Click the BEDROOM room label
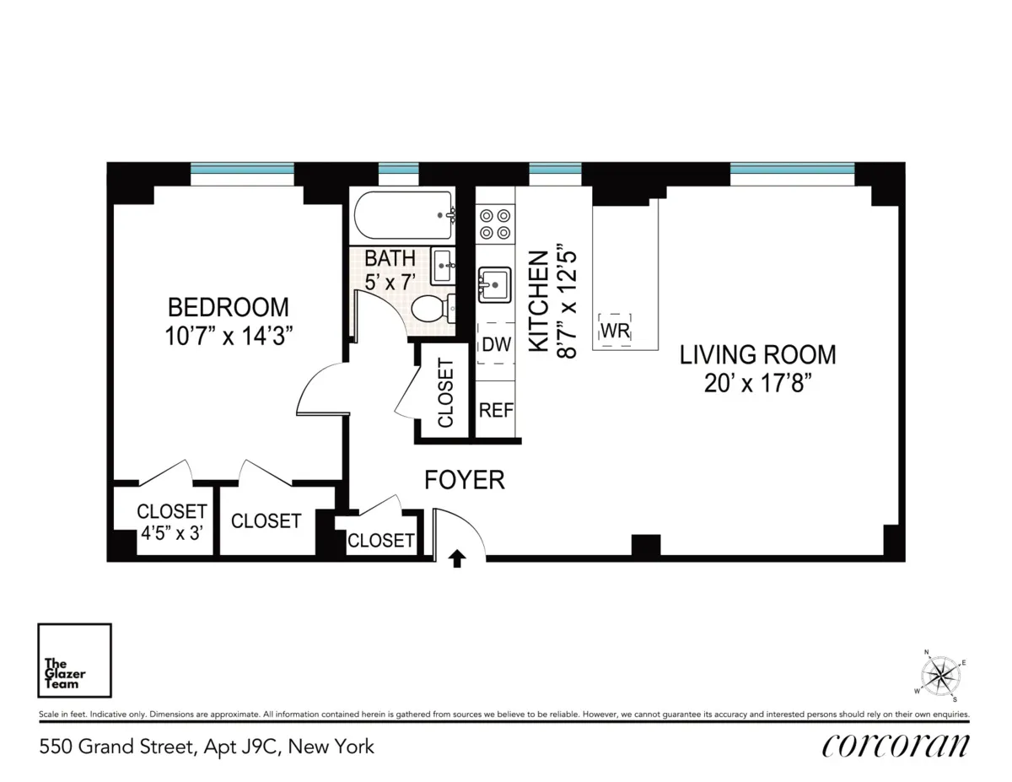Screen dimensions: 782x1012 [228, 306]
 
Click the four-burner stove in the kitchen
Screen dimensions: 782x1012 [495, 223]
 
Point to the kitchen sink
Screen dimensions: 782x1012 [494, 285]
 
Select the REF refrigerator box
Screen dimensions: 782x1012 [496, 410]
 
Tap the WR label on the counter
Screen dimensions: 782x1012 [616, 330]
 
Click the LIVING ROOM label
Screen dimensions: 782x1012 [757, 354]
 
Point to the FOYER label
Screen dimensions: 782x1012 [464, 480]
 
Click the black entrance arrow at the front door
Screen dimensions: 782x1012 [457, 558]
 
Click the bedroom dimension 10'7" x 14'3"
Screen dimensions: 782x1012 [228, 336]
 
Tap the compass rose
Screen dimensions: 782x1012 [941, 676]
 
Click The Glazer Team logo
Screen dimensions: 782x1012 [74, 661]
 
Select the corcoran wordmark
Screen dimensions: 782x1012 [895, 746]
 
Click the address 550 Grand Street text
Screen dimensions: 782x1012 [206, 747]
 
